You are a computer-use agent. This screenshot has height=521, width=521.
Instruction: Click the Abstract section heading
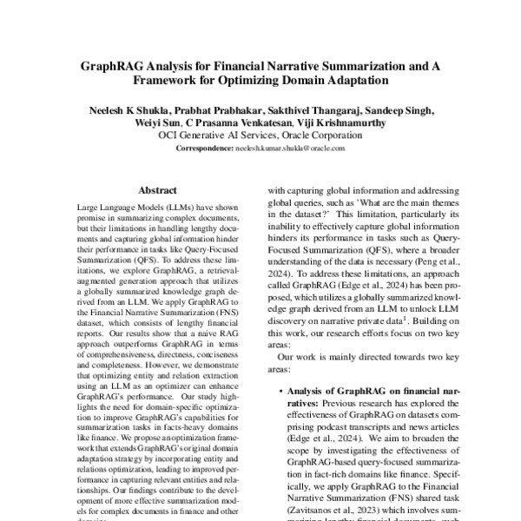click(x=157, y=188)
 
